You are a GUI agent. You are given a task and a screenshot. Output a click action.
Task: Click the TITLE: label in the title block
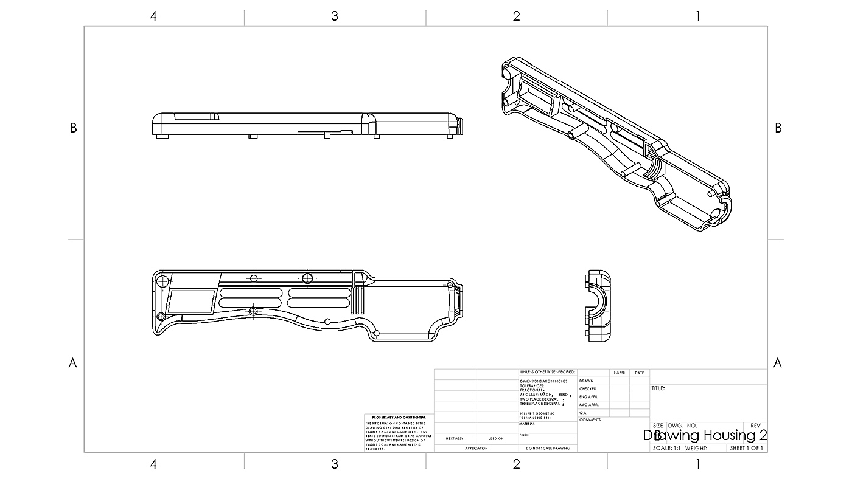click(x=658, y=388)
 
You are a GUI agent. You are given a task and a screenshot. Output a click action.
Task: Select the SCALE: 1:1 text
click(x=666, y=449)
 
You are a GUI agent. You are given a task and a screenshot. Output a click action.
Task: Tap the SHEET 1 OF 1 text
click(x=747, y=449)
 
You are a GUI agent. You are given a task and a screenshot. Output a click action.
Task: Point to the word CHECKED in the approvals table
click(x=588, y=389)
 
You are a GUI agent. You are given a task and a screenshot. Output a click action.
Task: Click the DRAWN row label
click(x=587, y=381)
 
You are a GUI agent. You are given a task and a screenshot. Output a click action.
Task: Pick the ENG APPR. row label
click(x=589, y=397)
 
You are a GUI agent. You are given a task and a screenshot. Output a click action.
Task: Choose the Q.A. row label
click(x=583, y=413)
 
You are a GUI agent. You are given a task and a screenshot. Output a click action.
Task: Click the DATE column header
click(x=639, y=373)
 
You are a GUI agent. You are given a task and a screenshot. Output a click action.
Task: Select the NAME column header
click(x=620, y=373)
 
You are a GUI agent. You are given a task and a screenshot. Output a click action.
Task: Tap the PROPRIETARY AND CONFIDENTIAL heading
click(x=399, y=418)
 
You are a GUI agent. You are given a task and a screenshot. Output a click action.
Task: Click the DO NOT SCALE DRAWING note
click(x=548, y=449)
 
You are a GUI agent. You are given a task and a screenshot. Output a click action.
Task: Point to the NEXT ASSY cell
click(x=455, y=438)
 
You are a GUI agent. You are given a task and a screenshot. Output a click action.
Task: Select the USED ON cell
click(x=496, y=438)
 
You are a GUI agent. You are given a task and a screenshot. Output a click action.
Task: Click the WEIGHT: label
click(x=696, y=449)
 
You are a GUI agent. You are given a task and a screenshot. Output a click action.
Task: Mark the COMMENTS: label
click(x=590, y=420)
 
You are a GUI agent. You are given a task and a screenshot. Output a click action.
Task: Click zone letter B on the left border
click(x=73, y=128)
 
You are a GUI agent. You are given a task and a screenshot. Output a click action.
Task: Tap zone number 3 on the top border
click(x=334, y=16)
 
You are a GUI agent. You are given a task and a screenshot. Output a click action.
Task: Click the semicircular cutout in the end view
click(x=596, y=305)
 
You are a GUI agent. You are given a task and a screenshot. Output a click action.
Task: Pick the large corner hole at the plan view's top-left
click(x=162, y=281)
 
